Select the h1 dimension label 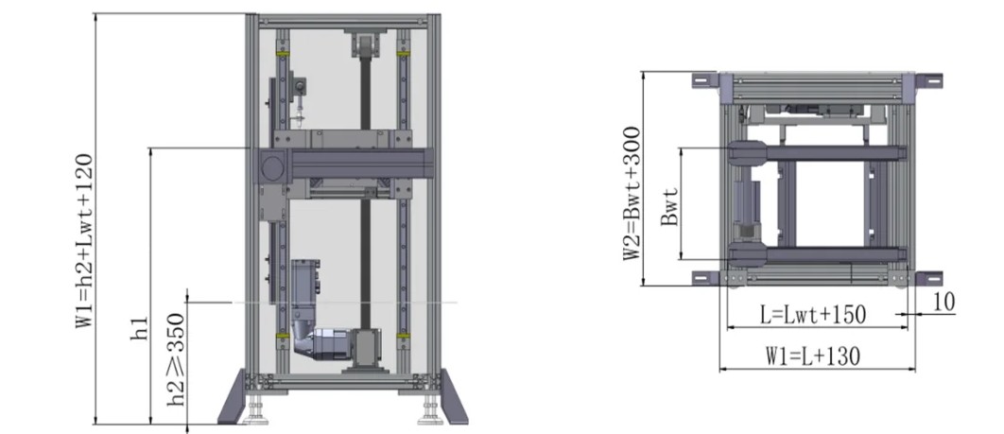point(140,329)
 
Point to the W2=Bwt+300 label point(632,193)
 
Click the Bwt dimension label point(669,206)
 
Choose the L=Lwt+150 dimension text point(812,315)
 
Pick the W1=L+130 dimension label point(812,356)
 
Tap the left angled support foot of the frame point(232,397)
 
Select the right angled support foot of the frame point(454,397)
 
